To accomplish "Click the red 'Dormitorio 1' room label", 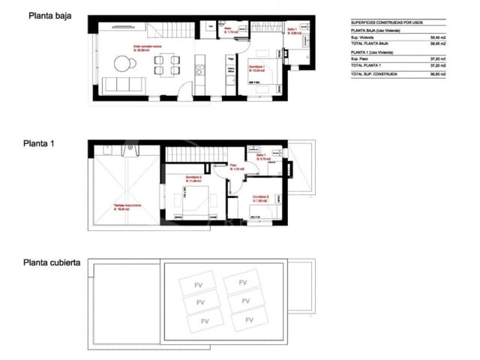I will coord(258,67).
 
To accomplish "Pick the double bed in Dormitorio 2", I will coord(197,200).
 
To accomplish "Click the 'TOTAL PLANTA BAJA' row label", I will coord(373,44).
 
